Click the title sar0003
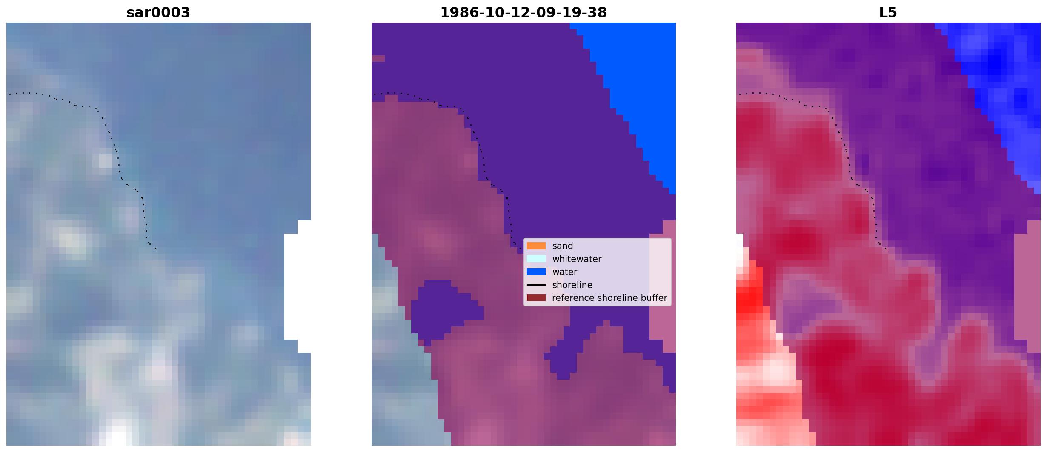coord(158,13)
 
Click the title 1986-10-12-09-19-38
coord(523,13)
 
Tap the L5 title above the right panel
coord(888,13)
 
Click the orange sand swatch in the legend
coord(536,246)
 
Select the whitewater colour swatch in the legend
coord(536,259)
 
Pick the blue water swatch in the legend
coord(536,272)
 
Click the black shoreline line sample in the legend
coord(536,285)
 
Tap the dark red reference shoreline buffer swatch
coord(536,298)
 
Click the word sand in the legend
coord(563,246)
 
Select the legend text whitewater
coord(577,259)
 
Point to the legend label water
coord(565,272)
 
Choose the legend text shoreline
coord(572,285)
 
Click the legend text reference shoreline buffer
coord(609,298)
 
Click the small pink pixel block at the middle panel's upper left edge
coord(378,58)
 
